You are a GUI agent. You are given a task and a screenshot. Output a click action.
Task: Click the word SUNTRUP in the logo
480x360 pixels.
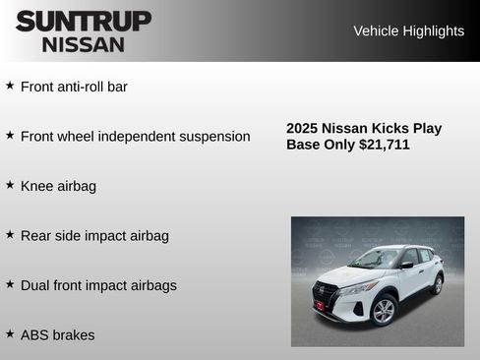(x=84, y=21)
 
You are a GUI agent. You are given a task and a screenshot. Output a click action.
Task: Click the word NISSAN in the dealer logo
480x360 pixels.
(x=84, y=44)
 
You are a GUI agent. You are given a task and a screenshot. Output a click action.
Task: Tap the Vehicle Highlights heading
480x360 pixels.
(x=408, y=30)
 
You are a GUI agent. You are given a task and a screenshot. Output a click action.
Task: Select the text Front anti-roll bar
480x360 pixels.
(x=74, y=87)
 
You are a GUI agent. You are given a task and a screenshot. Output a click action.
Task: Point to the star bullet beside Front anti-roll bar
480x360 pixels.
(x=10, y=86)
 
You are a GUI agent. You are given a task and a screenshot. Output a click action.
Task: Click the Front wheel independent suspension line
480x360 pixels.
(x=135, y=136)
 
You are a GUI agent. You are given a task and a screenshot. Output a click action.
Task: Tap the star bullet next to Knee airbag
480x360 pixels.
(x=10, y=185)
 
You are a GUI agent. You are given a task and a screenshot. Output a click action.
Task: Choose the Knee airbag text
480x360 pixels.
(x=58, y=186)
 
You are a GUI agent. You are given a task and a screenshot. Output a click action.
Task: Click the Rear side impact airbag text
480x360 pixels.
(x=94, y=236)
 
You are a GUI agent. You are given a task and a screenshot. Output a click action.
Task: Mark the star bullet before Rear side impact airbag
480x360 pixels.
(x=10, y=235)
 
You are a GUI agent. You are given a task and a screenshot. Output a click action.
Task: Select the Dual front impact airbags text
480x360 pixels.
(x=98, y=285)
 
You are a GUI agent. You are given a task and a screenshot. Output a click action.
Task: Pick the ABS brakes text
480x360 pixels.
(x=57, y=335)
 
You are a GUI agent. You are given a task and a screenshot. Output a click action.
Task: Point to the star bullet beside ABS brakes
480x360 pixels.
(x=10, y=334)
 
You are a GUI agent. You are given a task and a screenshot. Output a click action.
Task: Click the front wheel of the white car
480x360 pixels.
(x=384, y=310)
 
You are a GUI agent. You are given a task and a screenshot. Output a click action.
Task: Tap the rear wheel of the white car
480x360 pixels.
(x=437, y=284)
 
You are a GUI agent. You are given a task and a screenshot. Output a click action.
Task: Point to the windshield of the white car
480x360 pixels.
(x=376, y=260)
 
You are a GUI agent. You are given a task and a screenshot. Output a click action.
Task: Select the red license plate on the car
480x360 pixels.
(x=320, y=306)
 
